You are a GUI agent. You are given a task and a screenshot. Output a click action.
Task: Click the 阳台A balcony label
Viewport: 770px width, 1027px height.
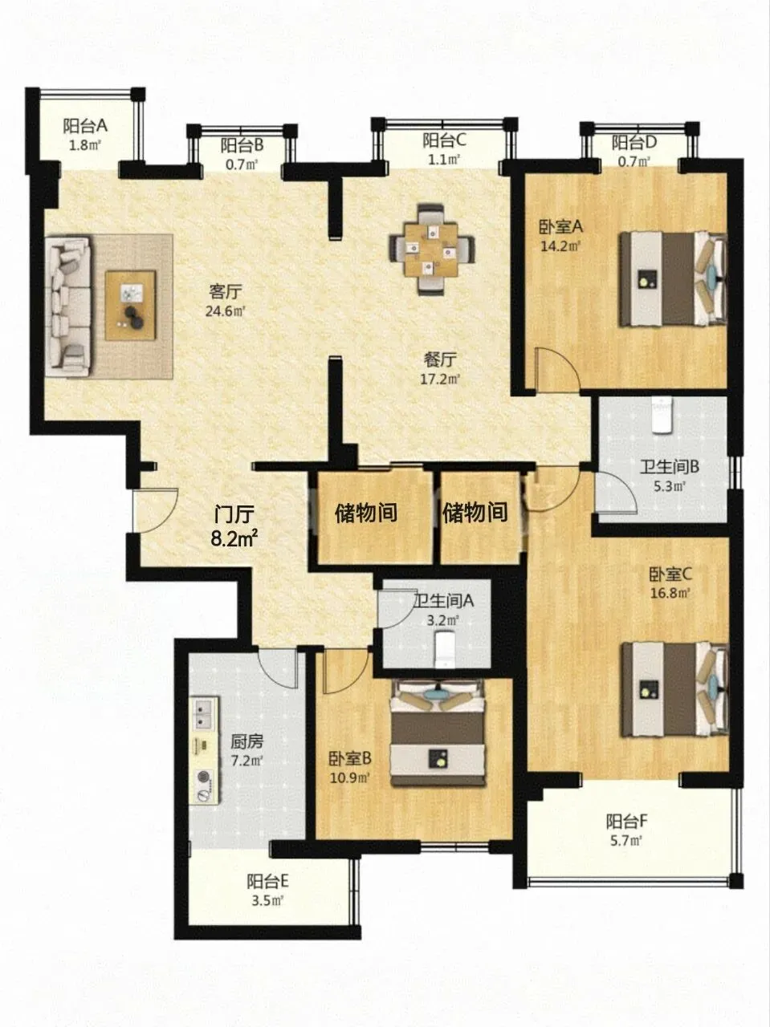pos(86,126)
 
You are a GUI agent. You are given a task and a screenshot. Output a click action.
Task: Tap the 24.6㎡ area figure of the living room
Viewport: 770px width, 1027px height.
pos(226,311)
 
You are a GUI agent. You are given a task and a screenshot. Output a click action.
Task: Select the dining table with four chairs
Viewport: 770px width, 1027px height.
pos(432,249)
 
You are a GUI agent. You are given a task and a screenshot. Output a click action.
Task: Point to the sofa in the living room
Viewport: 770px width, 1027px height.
pos(68,306)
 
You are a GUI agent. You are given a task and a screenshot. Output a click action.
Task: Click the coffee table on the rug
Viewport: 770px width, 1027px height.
pos(130,306)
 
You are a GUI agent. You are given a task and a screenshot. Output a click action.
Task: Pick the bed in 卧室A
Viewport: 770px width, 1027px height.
pos(674,279)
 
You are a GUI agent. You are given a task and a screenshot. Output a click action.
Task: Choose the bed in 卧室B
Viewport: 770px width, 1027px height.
pos(438,733)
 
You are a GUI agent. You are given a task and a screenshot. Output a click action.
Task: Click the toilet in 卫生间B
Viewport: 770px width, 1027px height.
pos(662,415)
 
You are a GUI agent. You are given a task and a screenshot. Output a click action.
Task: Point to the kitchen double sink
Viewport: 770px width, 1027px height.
pos(204,714)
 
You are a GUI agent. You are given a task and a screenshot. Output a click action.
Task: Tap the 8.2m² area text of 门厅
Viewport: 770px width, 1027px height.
pos(235,538)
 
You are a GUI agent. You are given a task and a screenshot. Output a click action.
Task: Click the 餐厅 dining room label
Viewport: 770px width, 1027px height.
pos(440,359)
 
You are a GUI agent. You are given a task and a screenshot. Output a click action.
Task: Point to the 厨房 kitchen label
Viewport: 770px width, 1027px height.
pos(246,741)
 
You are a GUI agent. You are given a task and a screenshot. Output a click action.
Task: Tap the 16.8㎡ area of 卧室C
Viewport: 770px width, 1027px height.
pos(670,593)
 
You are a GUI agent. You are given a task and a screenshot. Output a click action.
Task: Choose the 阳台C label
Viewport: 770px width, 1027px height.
pos(445,140)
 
